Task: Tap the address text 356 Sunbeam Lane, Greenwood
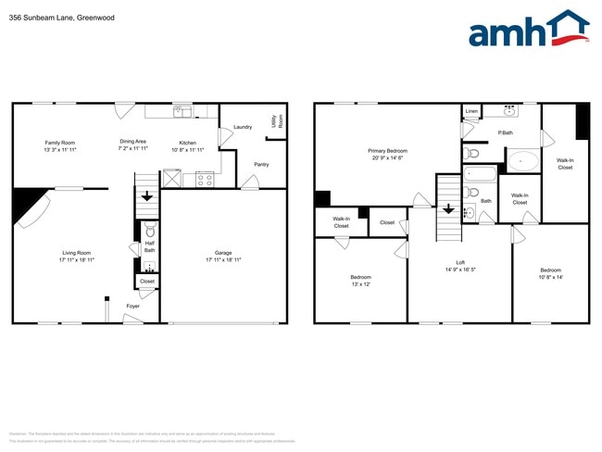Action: click(x=56, y=16)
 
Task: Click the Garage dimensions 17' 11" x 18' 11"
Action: click(x=222, y=260)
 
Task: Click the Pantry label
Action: click(x=261, y=165)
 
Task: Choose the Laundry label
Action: click(x=243, y=127)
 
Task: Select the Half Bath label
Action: click(x=149, y=247)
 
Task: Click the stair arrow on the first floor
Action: click(x=146, y=196)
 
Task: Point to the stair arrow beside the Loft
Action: click(x=449, y=208)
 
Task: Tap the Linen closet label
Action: click(x=472, y=111)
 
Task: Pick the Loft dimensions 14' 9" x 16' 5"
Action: click(x=460, y=270)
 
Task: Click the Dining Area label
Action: click(x=132, y=142)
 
